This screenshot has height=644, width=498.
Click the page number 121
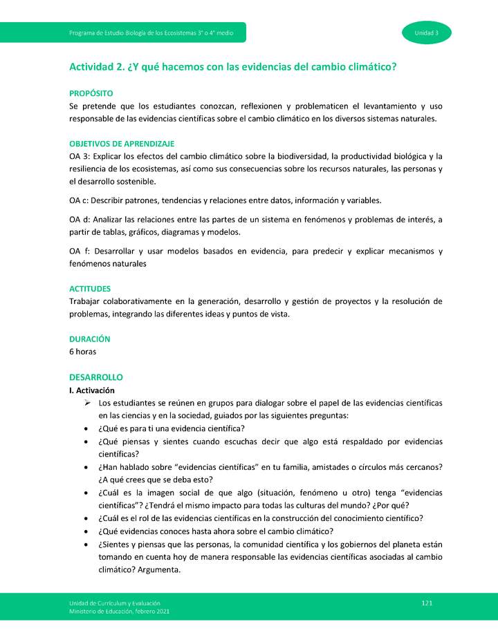pos(427,603)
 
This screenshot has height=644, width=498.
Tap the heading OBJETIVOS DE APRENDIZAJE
pos(122,144)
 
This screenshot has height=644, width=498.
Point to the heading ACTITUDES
pos(90,289)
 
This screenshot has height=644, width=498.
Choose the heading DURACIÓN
pos(90,339)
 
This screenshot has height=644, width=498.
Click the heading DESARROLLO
pos(96,377)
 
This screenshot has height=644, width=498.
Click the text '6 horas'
pos(83,352)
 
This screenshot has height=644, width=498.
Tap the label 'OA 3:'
pos(80,157)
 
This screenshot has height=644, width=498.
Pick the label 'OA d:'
pos(81,220)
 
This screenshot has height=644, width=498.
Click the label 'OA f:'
pos(80,252)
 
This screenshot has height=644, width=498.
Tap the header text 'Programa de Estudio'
pos(98,32)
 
